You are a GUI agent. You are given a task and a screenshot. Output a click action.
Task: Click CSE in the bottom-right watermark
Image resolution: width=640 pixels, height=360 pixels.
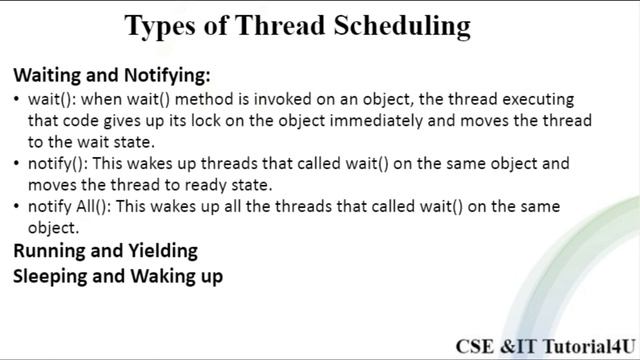pyautogui.click(x=476, y=346)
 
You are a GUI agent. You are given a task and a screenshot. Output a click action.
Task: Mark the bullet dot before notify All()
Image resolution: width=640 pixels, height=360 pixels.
pyautogui.click(x=17, y=207)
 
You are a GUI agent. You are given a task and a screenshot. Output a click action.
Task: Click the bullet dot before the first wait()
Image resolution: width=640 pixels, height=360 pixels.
pyautogui.click(x=17, y=100)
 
